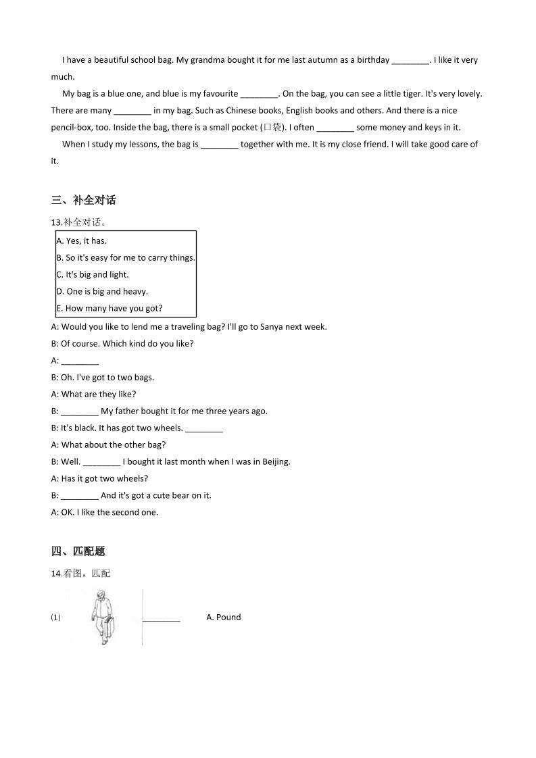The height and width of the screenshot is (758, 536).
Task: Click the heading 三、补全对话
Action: tap(83, 200)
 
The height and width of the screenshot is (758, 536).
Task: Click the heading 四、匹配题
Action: tap(78, 551)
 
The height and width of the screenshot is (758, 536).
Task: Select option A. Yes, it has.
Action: tap(82, 241)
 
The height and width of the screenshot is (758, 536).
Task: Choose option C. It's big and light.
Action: tap(93, 274)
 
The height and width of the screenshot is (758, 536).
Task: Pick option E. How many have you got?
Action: tap(109, 308)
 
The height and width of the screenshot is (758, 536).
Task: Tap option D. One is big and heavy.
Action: tap(102, 291)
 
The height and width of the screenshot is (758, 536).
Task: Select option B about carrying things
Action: tap(126, 257)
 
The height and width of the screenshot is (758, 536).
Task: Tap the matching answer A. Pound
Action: tap(224, 617)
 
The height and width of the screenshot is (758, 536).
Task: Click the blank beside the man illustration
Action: tap(162, 617)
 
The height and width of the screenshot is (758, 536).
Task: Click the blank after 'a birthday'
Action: tap(410, 60)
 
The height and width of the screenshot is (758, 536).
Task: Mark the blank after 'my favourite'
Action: tap(259, 94)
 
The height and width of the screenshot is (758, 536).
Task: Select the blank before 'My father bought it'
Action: tap(80, 411)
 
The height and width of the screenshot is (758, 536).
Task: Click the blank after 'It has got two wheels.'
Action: tap(203, 428)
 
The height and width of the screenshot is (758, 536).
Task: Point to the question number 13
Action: tap(57, 222)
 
